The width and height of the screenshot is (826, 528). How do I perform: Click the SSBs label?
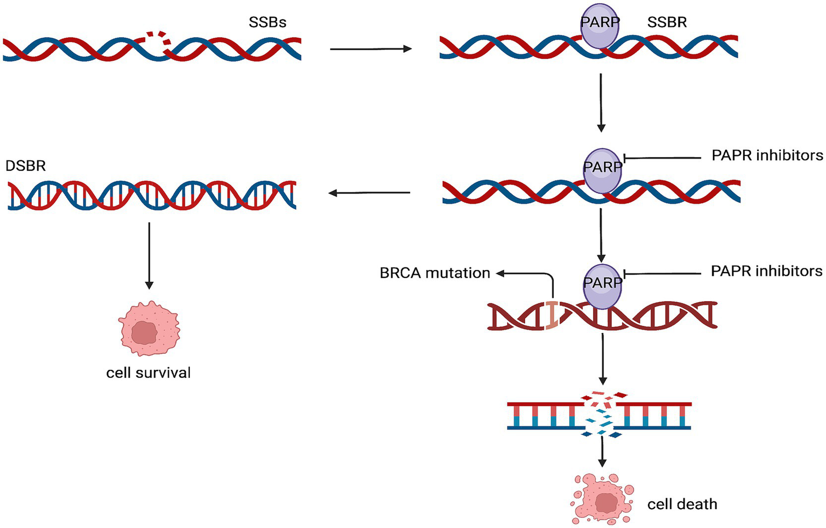[267, 23]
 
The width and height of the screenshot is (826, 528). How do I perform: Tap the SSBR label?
[667, 23]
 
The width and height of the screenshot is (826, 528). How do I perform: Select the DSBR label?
[25, 166]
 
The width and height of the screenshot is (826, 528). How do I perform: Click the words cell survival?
[149, 373]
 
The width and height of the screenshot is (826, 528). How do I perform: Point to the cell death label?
[682, 504]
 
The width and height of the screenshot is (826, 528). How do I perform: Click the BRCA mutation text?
[435, 273]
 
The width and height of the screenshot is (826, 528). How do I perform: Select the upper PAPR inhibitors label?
[767, 155]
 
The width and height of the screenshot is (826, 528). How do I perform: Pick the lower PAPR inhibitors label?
[766, 271]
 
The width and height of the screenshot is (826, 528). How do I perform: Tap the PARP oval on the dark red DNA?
[602, 286]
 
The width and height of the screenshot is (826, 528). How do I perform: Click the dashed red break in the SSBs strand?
[159, 40]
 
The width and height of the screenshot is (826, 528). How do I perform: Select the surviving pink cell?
[149, 329]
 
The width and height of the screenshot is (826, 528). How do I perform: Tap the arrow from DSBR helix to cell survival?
[149, 255]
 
